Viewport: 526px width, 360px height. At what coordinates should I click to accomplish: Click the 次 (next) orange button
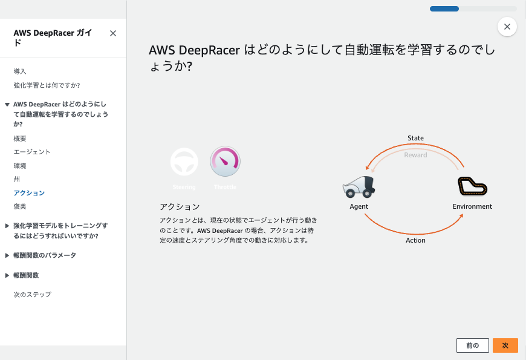click(x=505, y=345)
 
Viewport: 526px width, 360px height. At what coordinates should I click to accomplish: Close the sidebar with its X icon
click(x=113, y=34)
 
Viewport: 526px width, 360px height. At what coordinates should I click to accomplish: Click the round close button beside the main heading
click(x=507, y=27)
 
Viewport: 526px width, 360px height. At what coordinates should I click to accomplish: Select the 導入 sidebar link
click(x=20, y=71)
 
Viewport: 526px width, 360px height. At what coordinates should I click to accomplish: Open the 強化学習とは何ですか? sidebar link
click(x=47, y=85)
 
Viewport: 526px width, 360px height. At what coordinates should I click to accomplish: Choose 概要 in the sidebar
click(x=20, y=139)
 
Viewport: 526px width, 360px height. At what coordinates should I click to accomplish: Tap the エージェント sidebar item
click(x=32, y=152)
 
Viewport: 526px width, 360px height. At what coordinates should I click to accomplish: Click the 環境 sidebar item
click(x=20, y=166)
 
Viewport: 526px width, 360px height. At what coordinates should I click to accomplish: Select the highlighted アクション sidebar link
click(x=29, y=193)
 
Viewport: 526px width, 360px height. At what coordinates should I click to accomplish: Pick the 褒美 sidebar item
click(x=20, y=206)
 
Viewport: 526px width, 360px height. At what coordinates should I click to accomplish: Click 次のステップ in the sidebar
click(x=32, y=295)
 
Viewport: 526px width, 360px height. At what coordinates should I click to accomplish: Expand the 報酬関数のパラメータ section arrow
click(x=7, y=255)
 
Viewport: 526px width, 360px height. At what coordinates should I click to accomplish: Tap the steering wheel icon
click(x=184, y=162)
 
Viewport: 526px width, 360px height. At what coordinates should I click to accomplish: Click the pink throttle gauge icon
click(x=225, y=162)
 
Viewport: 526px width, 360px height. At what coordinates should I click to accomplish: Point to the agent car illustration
click(x=359, y=187)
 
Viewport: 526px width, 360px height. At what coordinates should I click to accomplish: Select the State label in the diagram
click(x=415, y=138)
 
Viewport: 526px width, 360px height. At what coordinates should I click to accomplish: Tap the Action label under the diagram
click(x=415, y=240)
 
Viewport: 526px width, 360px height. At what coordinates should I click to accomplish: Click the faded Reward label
click(x=415, y=155)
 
